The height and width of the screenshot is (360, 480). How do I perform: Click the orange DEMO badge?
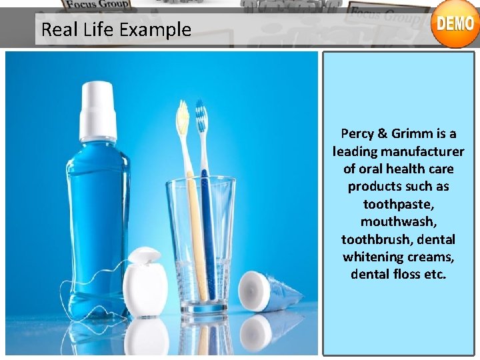[455, 24]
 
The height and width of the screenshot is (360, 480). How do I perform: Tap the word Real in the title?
[57, 29]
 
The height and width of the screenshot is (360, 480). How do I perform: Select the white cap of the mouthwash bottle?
[97, 109]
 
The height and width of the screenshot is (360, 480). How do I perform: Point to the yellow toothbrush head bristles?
[183, 119]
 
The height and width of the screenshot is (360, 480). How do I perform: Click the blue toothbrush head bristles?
[201, 120]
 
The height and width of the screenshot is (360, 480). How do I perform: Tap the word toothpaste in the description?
[398, 204]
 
